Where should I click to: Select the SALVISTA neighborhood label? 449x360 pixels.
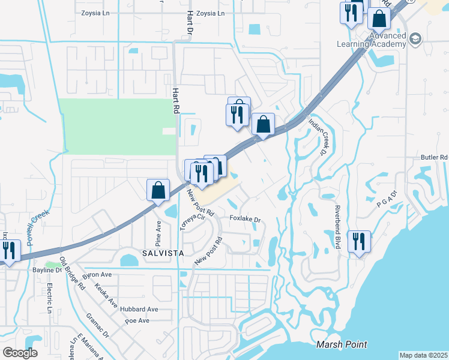tap(163, 253)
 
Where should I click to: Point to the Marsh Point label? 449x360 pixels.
tap(342, 344)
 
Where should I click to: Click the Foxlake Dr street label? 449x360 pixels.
tap(245, 220)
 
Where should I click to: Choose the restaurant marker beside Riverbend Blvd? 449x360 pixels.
tap(358, 242)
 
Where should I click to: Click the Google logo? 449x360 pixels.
tap(20, 353)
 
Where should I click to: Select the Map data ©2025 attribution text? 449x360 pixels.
tap(423, 355)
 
